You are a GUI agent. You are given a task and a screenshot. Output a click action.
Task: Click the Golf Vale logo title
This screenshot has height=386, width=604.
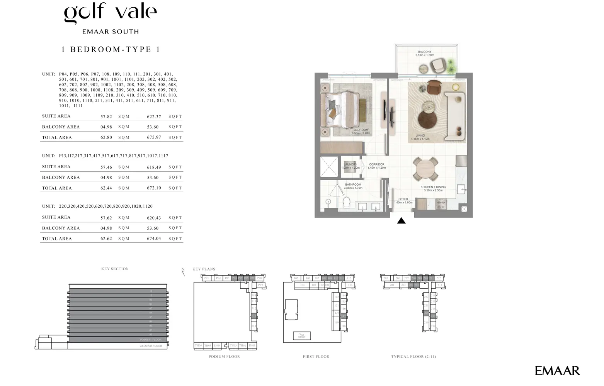[111, 14]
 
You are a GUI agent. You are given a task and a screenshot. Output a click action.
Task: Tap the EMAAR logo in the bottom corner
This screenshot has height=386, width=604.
[557, 371]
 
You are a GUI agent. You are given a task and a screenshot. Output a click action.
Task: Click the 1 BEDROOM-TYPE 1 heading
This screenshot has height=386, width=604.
[111, 49]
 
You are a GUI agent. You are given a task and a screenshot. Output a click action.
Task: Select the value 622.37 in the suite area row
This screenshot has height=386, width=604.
[154, 117]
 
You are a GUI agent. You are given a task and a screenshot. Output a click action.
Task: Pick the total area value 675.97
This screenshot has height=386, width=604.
[154, 137]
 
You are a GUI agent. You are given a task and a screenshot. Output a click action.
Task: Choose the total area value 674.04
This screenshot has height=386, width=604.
[154, 239]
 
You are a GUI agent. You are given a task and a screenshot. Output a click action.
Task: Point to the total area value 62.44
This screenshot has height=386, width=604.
[106, 188]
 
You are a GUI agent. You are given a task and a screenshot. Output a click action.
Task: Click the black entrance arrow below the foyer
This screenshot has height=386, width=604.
[401, 221]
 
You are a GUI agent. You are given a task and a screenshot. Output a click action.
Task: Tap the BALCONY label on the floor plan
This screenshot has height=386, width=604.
[425, 52]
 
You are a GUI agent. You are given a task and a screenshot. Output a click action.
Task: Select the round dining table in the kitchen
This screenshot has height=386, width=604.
[425, 169]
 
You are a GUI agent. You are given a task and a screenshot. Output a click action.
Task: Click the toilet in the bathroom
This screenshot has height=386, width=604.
[346, 202]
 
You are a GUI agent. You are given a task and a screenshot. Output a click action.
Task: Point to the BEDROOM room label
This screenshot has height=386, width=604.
[361, 130]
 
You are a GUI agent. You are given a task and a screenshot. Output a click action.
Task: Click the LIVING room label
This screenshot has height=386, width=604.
[420, 136]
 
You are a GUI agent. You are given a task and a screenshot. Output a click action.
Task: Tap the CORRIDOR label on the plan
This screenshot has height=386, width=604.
[376, 164]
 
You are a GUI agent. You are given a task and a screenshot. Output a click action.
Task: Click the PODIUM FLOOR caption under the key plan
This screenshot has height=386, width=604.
[224, 357]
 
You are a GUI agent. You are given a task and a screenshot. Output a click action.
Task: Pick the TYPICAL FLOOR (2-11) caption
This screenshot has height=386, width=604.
[413, 357]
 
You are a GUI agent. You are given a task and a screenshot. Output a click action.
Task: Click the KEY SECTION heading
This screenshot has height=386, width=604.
[115, 269]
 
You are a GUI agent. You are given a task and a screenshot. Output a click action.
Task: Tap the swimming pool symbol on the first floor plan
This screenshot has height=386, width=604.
[302, 336]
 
